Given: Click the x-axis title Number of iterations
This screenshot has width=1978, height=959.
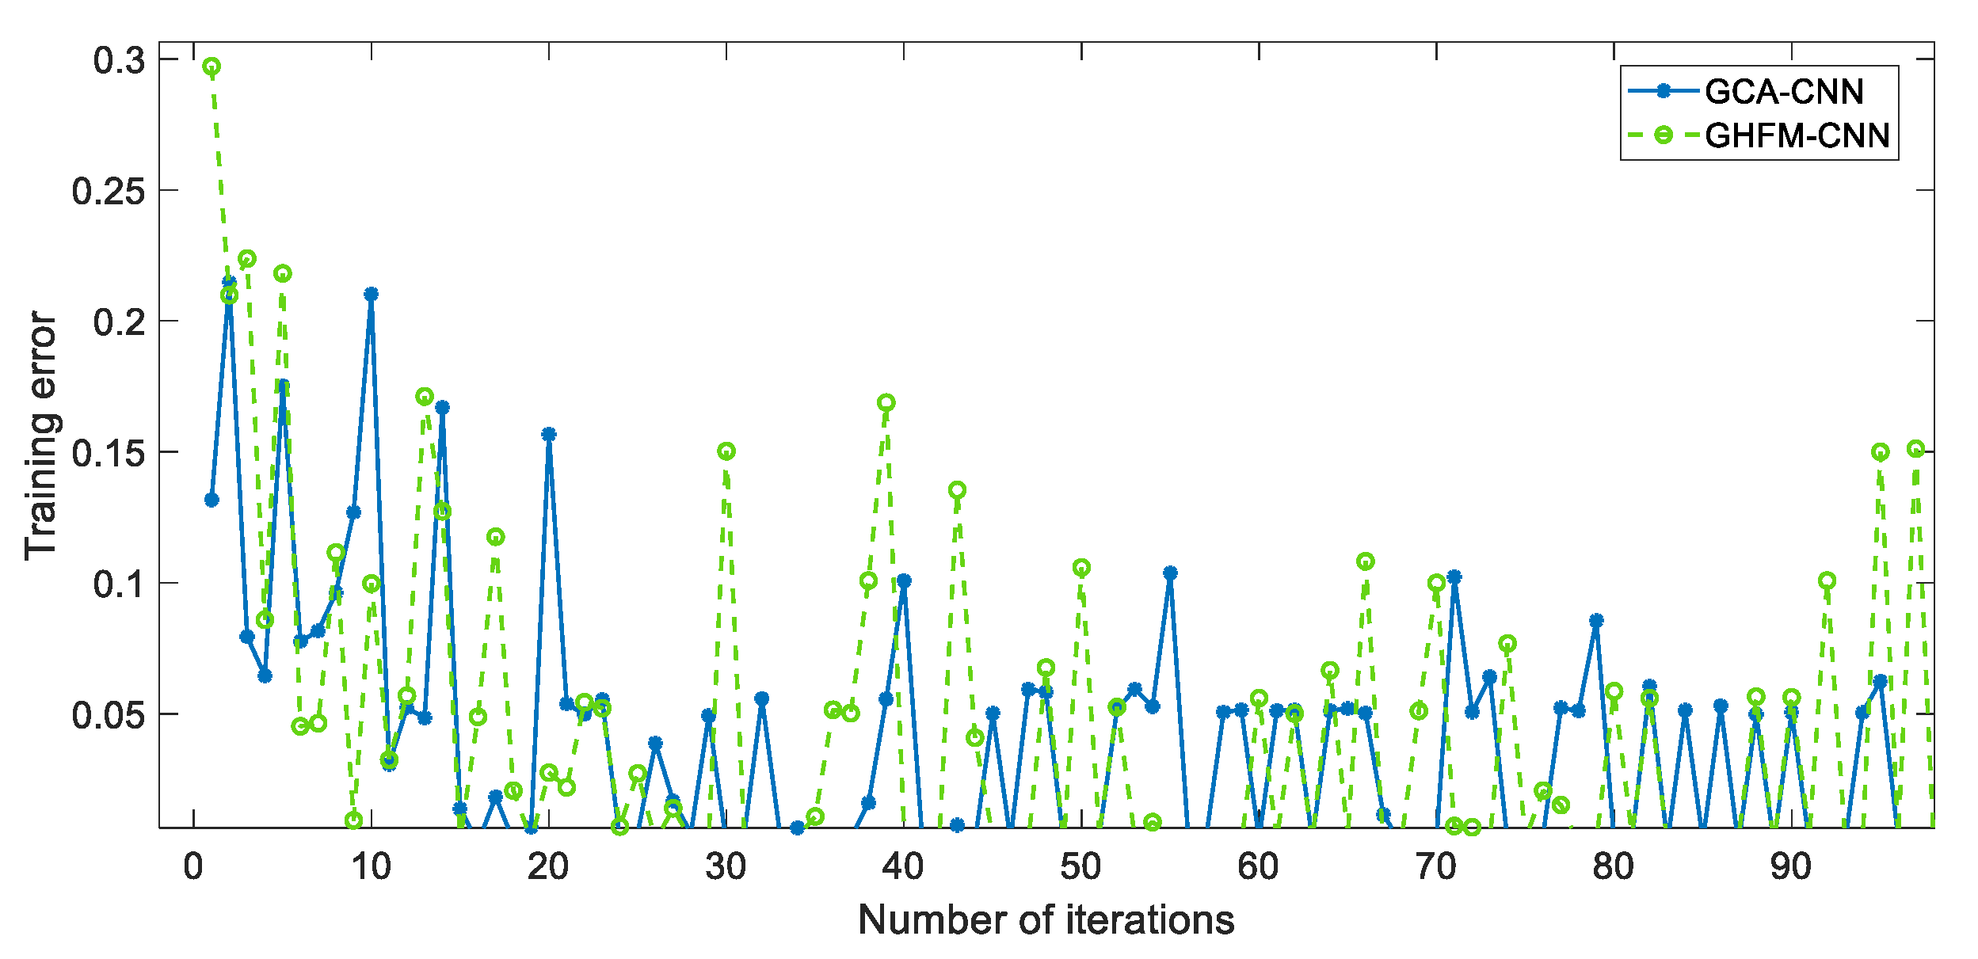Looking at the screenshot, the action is [1046, 920].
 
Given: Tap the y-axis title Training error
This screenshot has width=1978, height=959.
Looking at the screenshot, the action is [41, 436].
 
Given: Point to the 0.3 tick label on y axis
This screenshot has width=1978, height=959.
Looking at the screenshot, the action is [119, 60].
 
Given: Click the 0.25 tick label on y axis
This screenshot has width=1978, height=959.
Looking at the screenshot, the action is [109, 191].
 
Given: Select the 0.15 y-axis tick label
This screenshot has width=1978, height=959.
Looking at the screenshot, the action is [109, 453].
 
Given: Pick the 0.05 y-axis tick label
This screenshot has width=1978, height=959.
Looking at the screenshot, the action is [109, 715].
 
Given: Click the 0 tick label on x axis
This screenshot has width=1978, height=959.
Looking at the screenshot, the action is [193, 867].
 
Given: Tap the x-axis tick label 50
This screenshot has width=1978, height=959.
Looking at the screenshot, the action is [1080, 867].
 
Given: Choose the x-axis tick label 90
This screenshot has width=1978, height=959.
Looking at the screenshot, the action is [1790, 867].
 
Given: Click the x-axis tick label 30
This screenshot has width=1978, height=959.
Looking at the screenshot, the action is [726, 867].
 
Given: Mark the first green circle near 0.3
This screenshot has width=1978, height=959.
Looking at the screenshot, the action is [212, 67].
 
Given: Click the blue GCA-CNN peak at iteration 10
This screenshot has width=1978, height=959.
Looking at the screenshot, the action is [371, 294].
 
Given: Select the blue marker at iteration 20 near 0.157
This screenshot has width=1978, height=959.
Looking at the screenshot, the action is [548, 434].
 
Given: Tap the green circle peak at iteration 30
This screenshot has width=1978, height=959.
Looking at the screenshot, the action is [726, 451].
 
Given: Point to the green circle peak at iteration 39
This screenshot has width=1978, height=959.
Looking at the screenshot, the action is [886, 402].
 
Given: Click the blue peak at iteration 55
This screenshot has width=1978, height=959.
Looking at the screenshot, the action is [1170, 573].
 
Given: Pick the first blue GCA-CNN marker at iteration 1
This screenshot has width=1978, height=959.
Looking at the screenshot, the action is [212, 500].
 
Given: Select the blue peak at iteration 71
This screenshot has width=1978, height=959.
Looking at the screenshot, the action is [1454, 577].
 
